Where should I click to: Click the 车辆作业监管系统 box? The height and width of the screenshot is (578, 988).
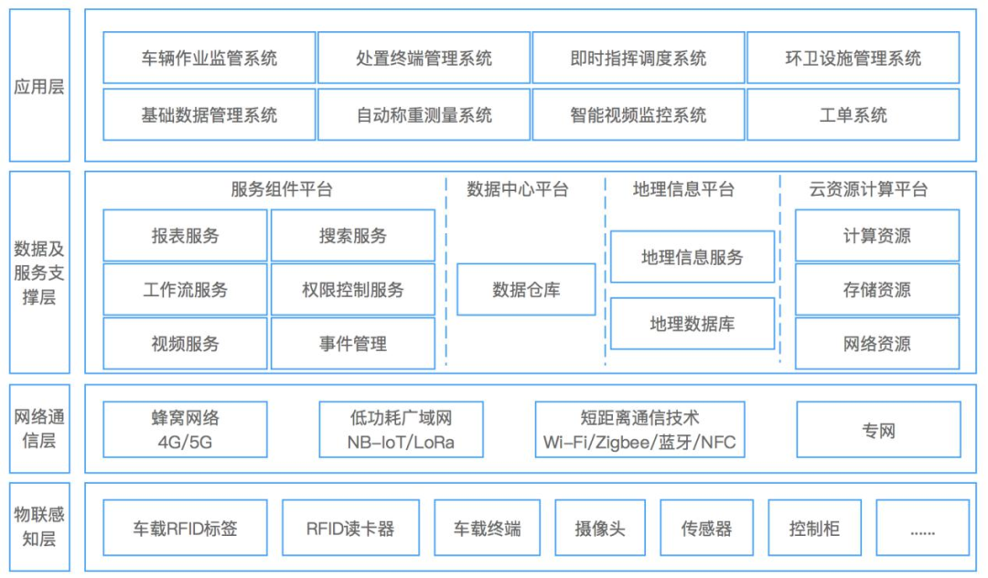(209, 59)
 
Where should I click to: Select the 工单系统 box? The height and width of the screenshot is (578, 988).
(853, 115)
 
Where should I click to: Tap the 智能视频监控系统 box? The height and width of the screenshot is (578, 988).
(638, 115)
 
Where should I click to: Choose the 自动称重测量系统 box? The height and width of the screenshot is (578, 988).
(424, 115)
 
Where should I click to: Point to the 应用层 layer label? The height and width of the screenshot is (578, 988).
(39, 88)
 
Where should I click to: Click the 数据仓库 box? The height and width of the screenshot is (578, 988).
(526, 290)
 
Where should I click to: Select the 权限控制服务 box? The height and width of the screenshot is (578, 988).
(352, 290)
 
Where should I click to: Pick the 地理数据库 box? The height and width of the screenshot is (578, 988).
(692, 324)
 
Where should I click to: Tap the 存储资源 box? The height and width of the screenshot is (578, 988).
(876, 290)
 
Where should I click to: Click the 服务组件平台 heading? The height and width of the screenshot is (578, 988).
(281, 189)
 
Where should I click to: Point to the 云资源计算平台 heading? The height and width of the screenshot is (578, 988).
(868, 189)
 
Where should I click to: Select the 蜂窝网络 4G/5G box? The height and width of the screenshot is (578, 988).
(185, 430)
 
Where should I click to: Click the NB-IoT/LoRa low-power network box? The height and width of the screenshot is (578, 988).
(401, 430)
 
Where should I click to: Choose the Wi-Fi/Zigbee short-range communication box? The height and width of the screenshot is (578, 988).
(639, 430)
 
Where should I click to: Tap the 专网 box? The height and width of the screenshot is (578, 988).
(878, 430)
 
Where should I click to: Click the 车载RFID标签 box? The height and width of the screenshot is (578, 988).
(185, 528)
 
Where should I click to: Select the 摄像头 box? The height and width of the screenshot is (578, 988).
(599, 528)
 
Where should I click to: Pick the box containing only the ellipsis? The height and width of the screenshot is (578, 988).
(921, 528)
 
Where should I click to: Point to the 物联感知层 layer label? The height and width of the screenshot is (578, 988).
(39, 526)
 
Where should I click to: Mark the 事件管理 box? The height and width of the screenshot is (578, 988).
(352, 344)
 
